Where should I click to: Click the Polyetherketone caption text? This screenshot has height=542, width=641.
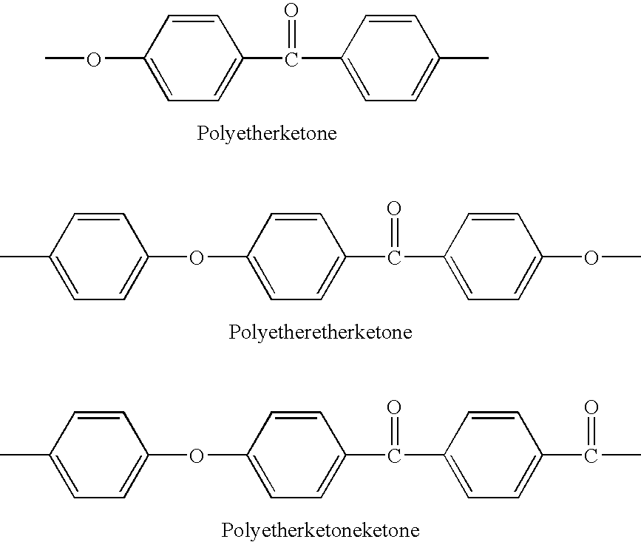(267, 134)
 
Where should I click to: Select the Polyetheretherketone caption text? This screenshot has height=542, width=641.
(321, 332)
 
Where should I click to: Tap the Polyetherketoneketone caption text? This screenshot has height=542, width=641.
(321, 530)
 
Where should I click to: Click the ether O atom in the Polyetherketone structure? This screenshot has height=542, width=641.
(94, 59)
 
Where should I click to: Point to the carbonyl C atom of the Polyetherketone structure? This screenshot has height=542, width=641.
(291, 59)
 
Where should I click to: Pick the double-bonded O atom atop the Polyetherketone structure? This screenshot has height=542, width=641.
(291, 10)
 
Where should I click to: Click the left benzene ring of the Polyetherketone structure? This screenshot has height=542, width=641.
(144, 58)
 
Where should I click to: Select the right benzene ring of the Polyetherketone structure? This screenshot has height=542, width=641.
(342, 58)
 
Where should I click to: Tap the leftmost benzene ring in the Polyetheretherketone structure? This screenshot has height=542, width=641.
(50, 257)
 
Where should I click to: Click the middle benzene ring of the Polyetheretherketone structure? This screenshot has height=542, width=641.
(248, 257)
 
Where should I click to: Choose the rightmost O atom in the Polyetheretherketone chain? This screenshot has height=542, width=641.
(591, 258)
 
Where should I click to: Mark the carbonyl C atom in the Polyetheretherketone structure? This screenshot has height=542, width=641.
(394, 258)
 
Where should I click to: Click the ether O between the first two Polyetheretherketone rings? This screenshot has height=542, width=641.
(197, 258)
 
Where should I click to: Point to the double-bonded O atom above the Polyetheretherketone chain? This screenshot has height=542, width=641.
(394, 209)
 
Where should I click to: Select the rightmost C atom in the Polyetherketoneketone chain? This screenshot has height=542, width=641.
(591, 456)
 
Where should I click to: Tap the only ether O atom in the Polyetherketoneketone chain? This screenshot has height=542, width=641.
(197, 456)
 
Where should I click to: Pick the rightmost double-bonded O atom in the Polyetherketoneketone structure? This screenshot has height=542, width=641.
(591, 407)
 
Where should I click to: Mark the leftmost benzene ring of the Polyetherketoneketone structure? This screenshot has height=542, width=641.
(50, 455)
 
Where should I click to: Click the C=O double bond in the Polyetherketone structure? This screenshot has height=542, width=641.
(291, 34)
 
